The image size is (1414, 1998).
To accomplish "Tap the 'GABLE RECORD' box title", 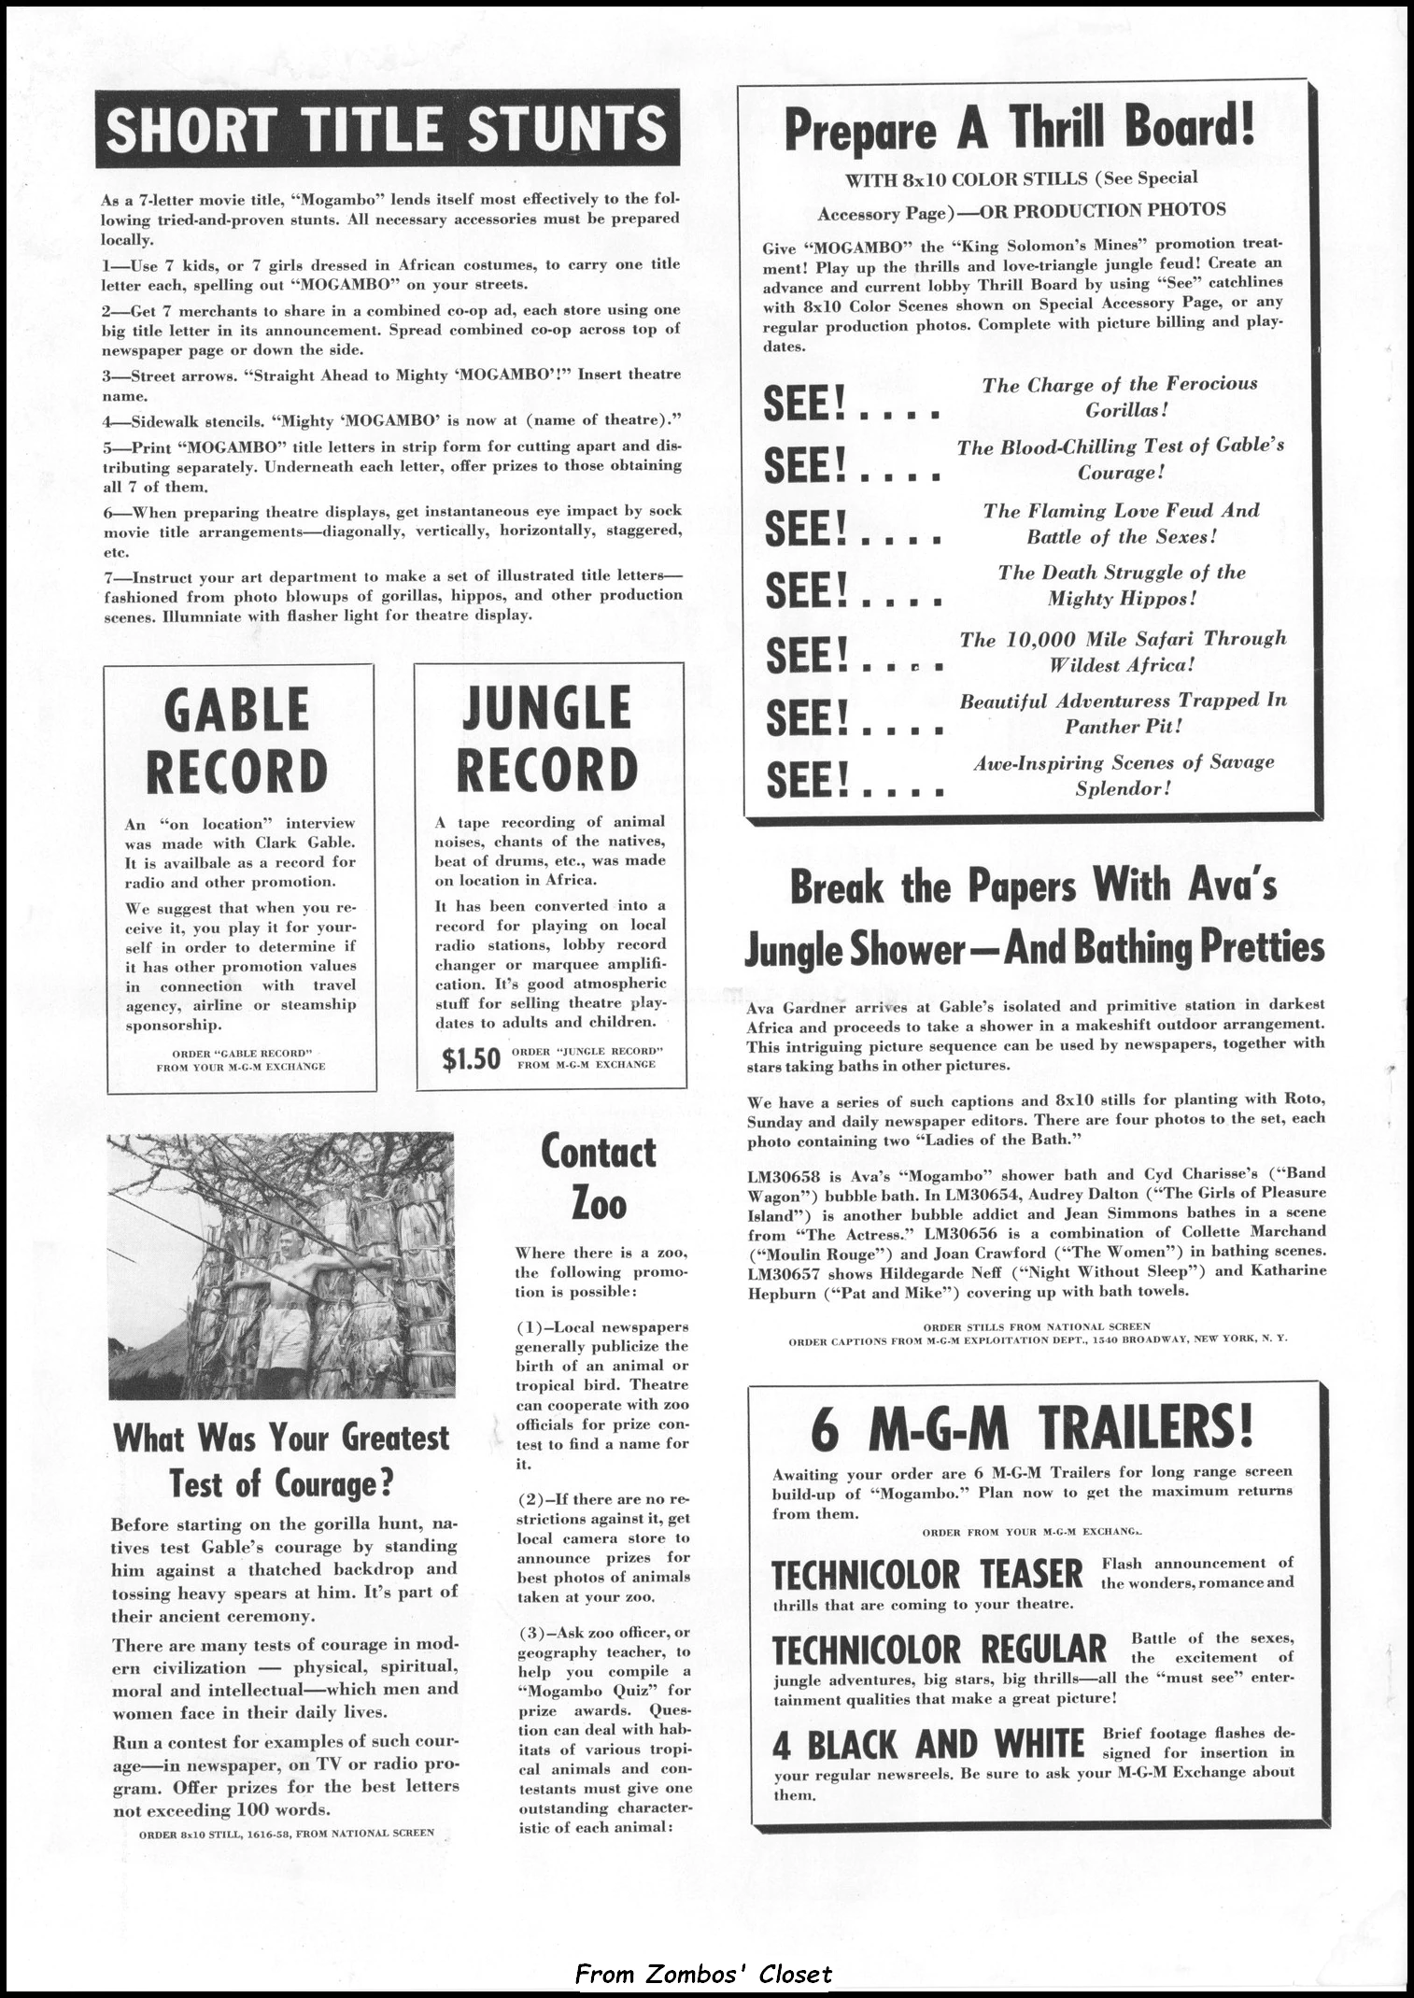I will point(238,739).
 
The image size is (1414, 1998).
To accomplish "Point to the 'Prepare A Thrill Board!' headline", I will point(1019,127).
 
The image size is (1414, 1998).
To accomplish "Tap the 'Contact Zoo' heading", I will point(599,1178).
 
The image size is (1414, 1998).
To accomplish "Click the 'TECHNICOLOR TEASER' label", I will point(926,1574).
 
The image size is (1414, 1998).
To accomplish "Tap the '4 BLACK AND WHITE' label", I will point(927,1745).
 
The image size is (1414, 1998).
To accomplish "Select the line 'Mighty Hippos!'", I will point(1121,599).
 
